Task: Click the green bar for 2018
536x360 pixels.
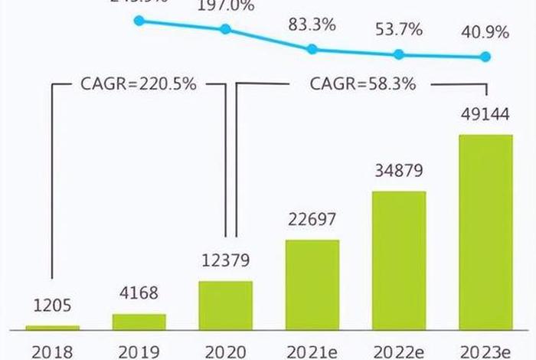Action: point(52,328)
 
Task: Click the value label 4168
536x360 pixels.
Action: point(139,294)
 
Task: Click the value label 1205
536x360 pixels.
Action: point(52,306)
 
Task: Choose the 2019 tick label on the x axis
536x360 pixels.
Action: point(139,351)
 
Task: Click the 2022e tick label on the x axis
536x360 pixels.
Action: point(399,351)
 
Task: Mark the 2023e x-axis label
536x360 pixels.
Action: point(485,351)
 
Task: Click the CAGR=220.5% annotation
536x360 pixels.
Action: point(139,84)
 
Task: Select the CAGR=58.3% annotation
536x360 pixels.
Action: point(363,84)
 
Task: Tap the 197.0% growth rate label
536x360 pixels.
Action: point(225,7)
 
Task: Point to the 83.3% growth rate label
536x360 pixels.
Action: point(312,25)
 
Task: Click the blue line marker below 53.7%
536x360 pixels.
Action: point(399,54)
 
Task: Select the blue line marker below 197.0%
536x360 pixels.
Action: point(225,29)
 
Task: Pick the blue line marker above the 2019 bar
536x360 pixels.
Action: point(139,21)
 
